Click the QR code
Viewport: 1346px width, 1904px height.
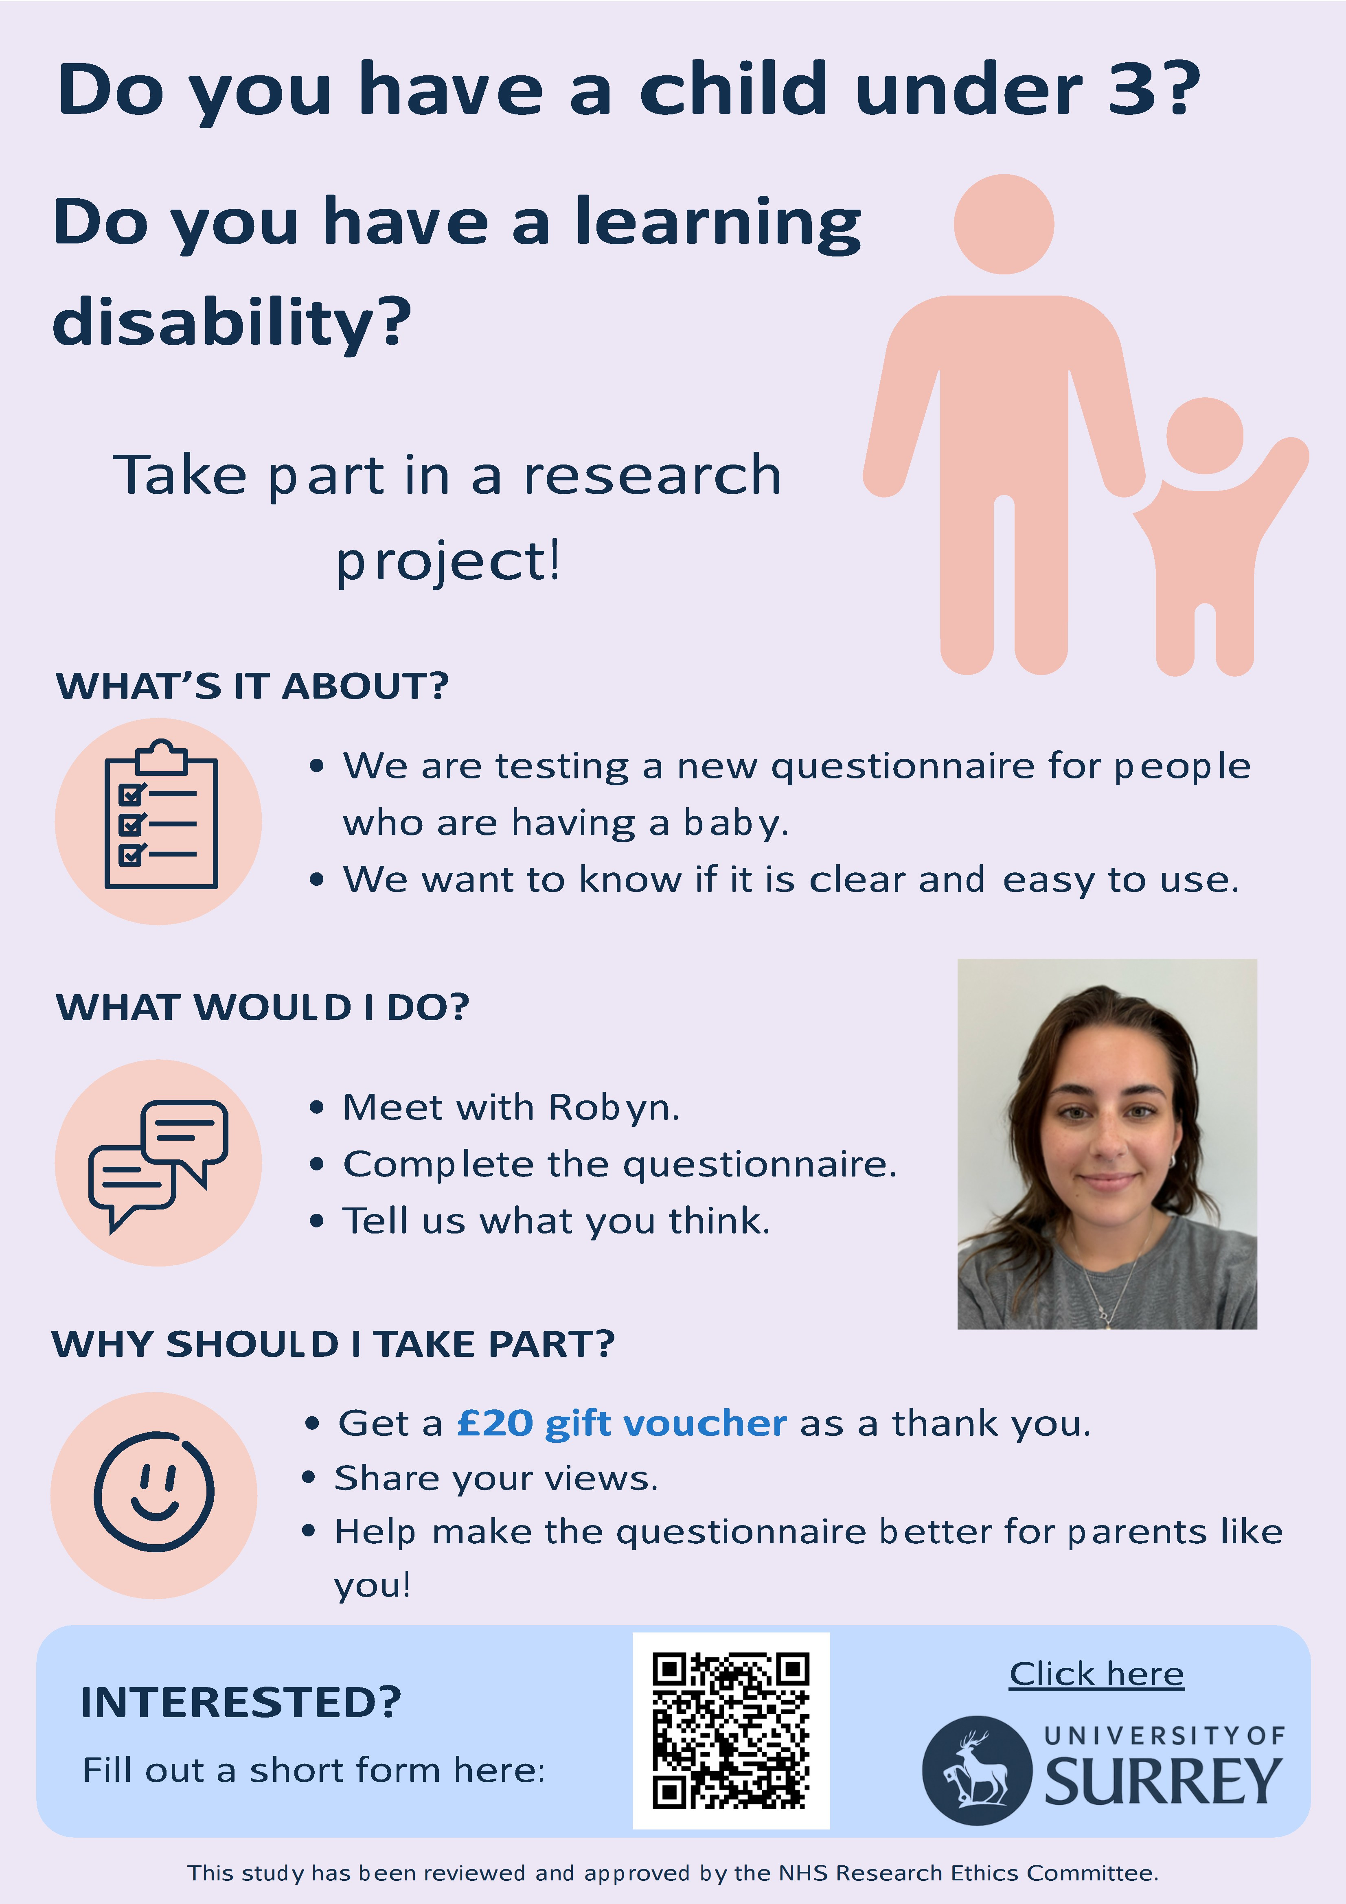[731, 1731]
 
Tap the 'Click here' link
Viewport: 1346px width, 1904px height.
[1096, 1674]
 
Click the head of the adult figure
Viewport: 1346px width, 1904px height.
[1004, 224]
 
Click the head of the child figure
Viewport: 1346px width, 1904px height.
[1205, 436]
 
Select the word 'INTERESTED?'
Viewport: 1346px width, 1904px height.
[241, 1702]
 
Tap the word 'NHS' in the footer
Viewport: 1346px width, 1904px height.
[805, 1873]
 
